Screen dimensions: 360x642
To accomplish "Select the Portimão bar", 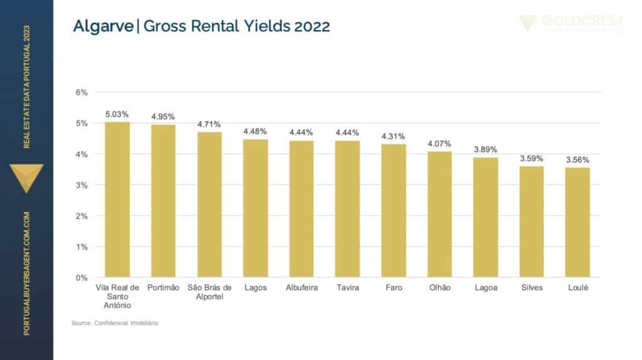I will [163, 201].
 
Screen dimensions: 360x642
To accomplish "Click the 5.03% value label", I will [117, 115].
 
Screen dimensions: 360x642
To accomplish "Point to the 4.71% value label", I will [209, 124].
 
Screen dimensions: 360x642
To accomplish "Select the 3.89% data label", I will [485, 150].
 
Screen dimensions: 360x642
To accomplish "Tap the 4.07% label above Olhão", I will [439, 144].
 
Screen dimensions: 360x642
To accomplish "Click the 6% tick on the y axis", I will [82, 92].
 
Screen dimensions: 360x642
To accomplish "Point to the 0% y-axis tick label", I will [82, 277].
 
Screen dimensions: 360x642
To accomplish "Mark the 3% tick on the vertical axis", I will [82, 185].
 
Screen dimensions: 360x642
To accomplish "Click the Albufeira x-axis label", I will [302, 288].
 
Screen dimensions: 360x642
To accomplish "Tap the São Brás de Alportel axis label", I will [209, 292].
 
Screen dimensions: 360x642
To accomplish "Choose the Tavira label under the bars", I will [347, 288].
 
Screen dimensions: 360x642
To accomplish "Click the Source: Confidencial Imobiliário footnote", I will [115, 323].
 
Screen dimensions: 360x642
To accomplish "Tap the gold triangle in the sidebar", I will [27, 176].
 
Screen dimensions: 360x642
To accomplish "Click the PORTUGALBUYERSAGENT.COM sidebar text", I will [27, 273].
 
